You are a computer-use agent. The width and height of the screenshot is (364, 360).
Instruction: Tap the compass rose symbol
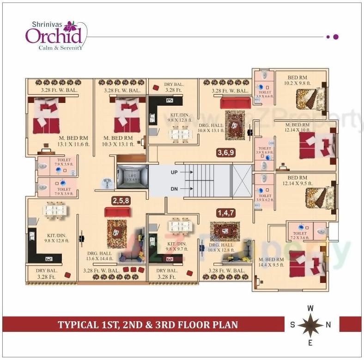(x=310, y=324)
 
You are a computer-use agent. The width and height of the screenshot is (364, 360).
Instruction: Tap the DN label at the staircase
(x=174, y=189)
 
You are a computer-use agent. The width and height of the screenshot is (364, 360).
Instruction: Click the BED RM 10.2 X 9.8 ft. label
(x=300, y=80)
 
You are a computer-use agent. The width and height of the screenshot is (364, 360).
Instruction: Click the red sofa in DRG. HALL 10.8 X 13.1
(x=235, y=102)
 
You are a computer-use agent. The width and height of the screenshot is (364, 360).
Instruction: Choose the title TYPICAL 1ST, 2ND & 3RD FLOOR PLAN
(x=148, y=324)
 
